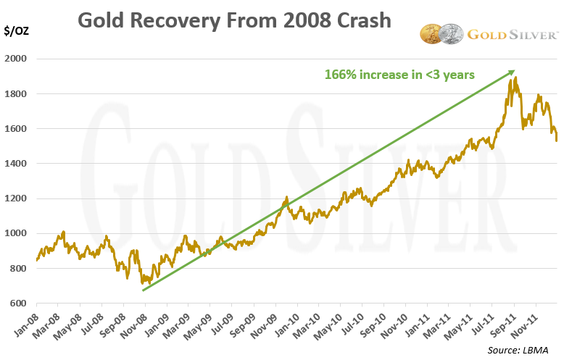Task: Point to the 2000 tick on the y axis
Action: [20, 59]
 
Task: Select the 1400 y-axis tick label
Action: [20, 164]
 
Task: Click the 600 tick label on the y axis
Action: [22, 304]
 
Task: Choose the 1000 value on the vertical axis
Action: [20, 234]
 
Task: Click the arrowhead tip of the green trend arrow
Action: [515, 71]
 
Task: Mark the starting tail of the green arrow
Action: [143, 290]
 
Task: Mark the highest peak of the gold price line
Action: [515, 78]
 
